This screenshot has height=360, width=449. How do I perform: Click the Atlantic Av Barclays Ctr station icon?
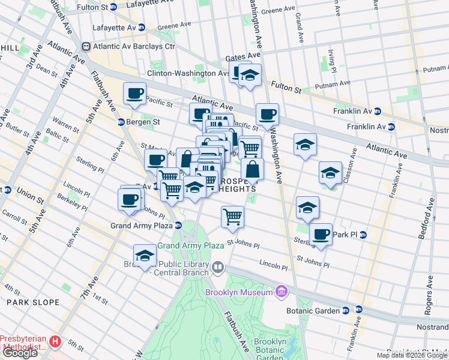click(86, 46)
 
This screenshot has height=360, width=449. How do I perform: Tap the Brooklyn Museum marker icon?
click(280, 292)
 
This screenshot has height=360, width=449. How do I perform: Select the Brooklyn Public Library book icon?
click(218, 266)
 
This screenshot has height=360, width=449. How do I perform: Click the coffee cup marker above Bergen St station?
click(134, 94)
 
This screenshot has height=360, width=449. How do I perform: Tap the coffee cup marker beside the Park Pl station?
click(321, 233)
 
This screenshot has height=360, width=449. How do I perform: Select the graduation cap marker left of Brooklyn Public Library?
click(145, 256)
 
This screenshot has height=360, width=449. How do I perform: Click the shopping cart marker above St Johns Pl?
click(232, 217)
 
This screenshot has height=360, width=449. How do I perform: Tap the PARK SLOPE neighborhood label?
click(32, 302)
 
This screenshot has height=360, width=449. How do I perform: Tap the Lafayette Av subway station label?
click(114, 27)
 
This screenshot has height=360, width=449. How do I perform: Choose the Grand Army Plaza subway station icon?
click(178, 226)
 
